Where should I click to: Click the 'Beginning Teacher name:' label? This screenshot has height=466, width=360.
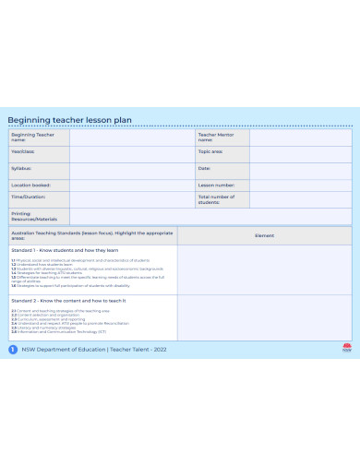pyautogui.click(x=32, y=137)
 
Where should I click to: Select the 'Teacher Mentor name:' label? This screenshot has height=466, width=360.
pyautogui.click(x=215, y=137)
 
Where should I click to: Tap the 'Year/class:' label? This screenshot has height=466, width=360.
pyautogui.click(x=23, y=151)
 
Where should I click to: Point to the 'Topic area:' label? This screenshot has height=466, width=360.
pyautogui.click(x=210, y=151)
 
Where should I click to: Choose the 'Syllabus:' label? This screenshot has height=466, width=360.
pyautogui.click(x=21, y=169)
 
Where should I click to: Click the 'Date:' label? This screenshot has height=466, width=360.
pyautogui.click(x=204, y=169)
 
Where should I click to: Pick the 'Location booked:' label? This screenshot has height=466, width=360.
pyautogui.click(x=30, y=185)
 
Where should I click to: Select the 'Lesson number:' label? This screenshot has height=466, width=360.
pyautogui.click(x=215, y=185)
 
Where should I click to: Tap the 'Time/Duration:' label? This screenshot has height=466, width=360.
pyautogui.click(x=28, y=197)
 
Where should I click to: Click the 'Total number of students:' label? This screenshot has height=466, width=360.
pyautogui.click(x=216, y=199)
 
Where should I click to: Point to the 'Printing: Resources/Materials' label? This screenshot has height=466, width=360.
pyautogui.click(x=33, y=216)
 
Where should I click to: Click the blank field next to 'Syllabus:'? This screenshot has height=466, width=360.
pyautogui.click(x=130, y=169)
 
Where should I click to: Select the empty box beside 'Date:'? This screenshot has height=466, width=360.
pyautogui.click(x=300, y=169)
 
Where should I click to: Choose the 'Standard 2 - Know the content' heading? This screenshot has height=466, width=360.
pyautogui.click(x=68, y=301)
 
